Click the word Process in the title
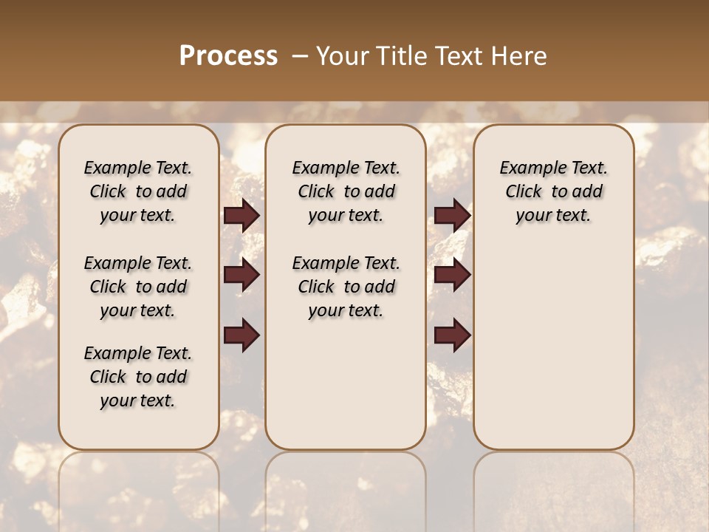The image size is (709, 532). click(228, 56)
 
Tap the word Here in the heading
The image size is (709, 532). click(520, 56)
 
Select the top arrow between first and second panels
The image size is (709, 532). click(242, 216)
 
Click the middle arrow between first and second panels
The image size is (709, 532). click(242, 276)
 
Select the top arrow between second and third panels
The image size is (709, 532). click(452, 216)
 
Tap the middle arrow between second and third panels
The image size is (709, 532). click(452, 276)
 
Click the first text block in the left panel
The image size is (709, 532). click(138, 191)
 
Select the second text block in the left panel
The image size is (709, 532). click(138, 287)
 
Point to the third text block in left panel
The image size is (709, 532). click(138, 377)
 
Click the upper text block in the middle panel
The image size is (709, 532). click(346, 191)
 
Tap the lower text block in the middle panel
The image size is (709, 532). click(346, 287)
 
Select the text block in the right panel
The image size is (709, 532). click(553, 191)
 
